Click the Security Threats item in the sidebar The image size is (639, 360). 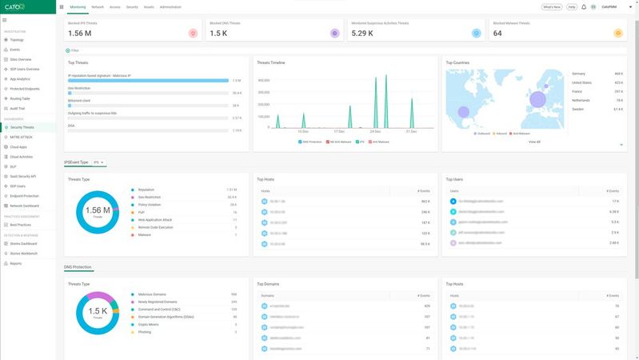pyautogui.click(x=22, y=127)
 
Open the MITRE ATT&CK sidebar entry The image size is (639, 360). pyautogui.click(x=22, y=137)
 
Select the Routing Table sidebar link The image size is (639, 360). pyautogui.click(x=20, y=98)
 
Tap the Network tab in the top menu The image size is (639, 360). pyautogui.click(x=98, y=6)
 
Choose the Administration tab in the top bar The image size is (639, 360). pyautogui.click(x=170, y=6)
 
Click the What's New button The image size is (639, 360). pyautogui.click(x=551, y=6)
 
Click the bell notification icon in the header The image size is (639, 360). pyautogui.click(x=584, y=6)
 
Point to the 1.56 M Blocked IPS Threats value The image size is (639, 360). pyautogui.click(x=80, y=33)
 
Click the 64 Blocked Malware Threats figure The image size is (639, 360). pyautogui.click(x=497, y=33)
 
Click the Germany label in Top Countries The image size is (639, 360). pyautogui.click(x=580, y=73)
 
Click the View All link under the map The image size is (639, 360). pyautogui.click(x=534, y=142)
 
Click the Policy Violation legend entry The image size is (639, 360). pyautogui.click(x=150, y=204)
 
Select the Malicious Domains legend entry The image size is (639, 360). pyautogui.click(x=152, y=294)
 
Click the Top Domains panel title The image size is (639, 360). pyautogui.click(x=267, y=284)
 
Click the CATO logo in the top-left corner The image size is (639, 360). pyautogui.click(x=15, y=6)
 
